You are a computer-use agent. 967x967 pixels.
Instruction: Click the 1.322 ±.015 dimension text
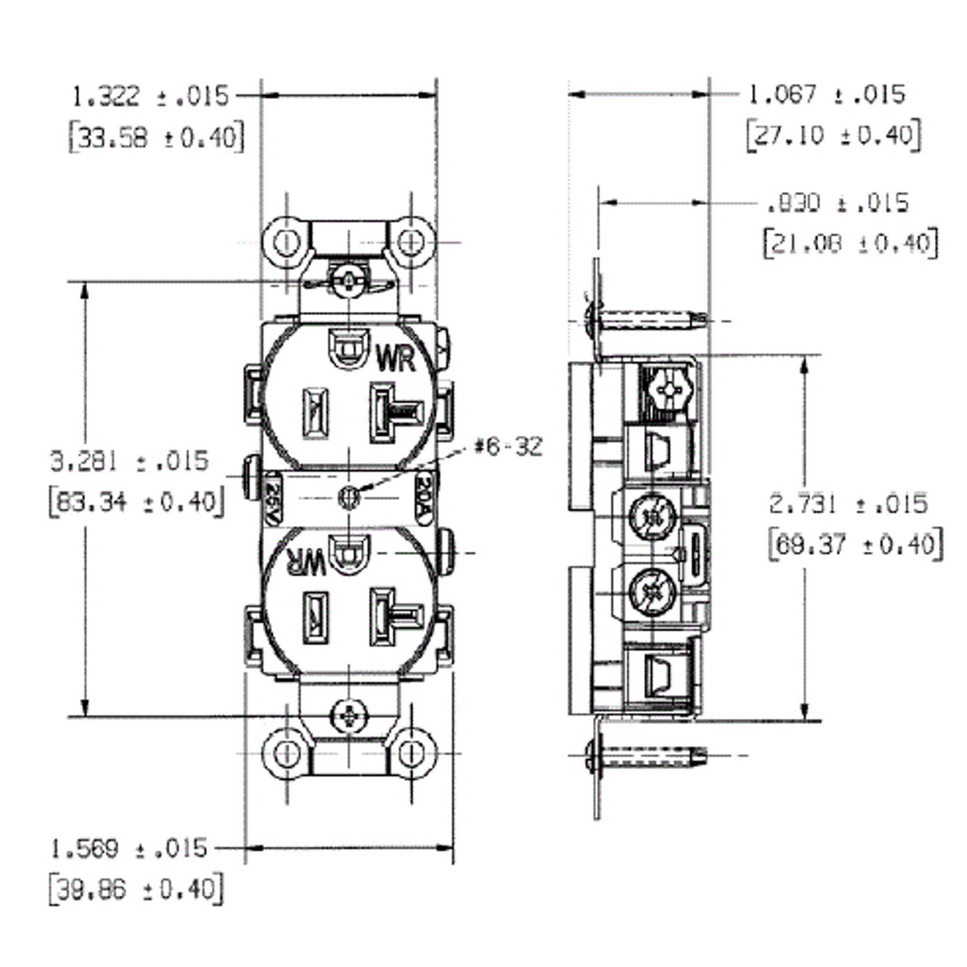(x=151, y=97)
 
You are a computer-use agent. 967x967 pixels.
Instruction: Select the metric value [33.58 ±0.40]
(x=156, y=138)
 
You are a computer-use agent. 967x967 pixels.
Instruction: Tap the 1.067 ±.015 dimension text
(x=826, y=95)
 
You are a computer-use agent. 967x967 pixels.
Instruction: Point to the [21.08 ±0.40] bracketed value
(x=850, y=243)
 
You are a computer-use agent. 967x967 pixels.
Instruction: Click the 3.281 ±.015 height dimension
(x=130, y=462)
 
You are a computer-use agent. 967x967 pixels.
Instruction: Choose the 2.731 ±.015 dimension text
(x=849, y=504)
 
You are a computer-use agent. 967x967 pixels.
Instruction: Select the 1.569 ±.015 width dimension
(x=129, y=849)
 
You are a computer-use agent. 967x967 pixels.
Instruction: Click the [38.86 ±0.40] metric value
(x=135, y=890)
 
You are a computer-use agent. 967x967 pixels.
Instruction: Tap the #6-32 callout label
(x=508, y=446)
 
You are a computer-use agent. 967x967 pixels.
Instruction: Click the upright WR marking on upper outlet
(x=396, y=358)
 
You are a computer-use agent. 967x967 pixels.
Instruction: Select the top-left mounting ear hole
(x=285, y=242)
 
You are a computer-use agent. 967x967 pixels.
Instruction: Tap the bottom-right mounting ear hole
(x=412, y=754)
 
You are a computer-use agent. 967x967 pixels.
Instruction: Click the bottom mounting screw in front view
(x=349, y=715)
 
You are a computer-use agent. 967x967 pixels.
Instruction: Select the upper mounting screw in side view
(x=645, y=321)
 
